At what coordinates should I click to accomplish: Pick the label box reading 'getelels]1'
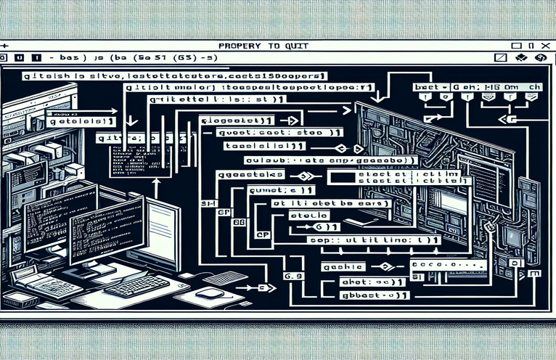click(x=78, y=123)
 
